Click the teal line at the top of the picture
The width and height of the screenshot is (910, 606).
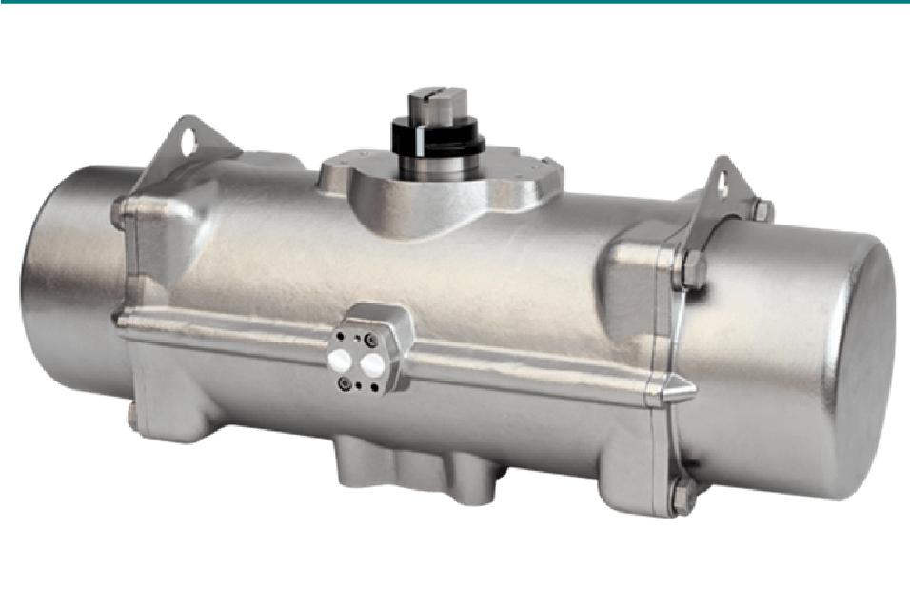click(x=455, y=3)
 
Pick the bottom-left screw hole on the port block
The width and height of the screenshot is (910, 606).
click(x=344, y=383)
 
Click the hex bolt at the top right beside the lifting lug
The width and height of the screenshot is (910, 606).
click(x=760, y=209)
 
